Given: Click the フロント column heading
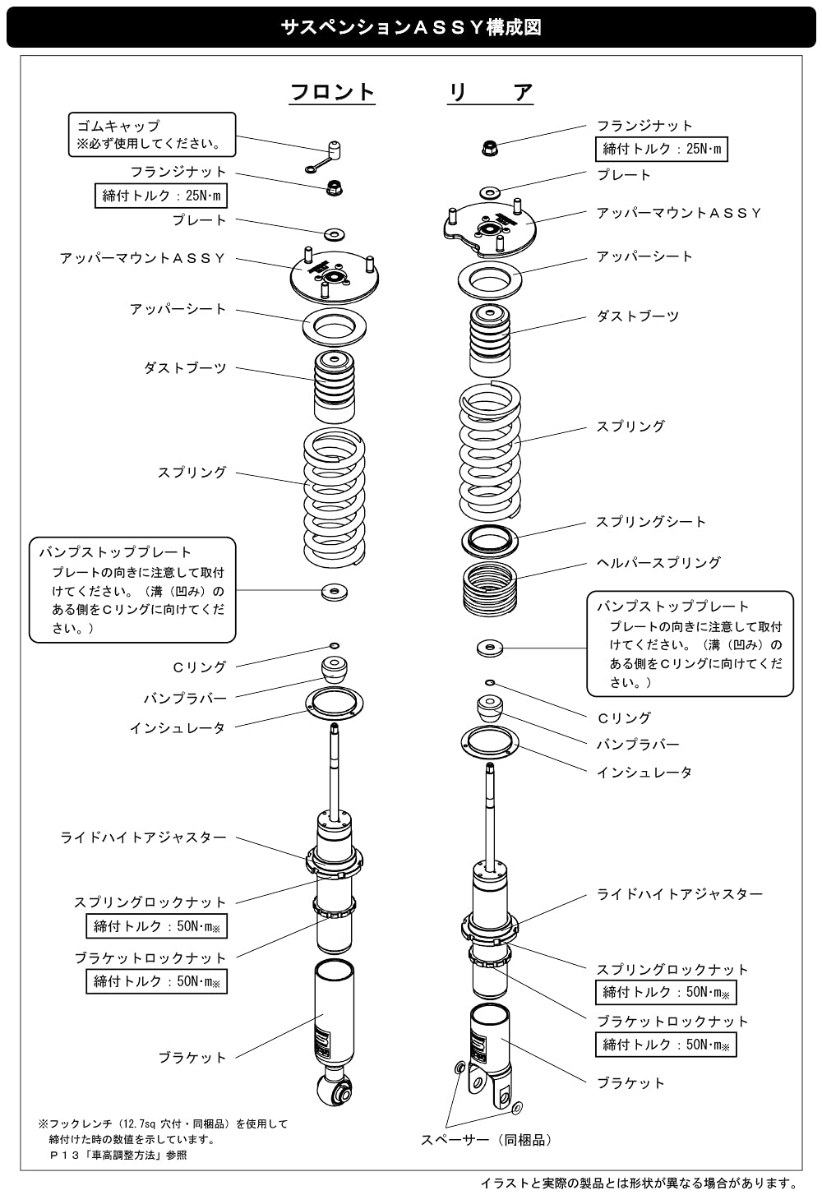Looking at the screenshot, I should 332,92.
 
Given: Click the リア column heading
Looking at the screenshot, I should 490,92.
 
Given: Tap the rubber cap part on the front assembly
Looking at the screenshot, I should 333,150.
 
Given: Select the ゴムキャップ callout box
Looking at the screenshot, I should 151,135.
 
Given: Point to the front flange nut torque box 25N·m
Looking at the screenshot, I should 161,196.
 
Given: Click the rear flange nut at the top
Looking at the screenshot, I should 488,148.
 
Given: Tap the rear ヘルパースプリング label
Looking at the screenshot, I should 658,563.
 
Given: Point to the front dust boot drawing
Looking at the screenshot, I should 335,387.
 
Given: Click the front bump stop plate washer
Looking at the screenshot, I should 334,590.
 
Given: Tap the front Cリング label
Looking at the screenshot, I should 200,667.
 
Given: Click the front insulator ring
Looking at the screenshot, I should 334,704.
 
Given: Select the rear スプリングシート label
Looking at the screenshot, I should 650,522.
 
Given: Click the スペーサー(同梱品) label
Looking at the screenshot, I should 487,1140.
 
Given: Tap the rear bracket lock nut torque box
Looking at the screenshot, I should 666,1045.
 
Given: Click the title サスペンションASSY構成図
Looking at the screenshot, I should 411,28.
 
